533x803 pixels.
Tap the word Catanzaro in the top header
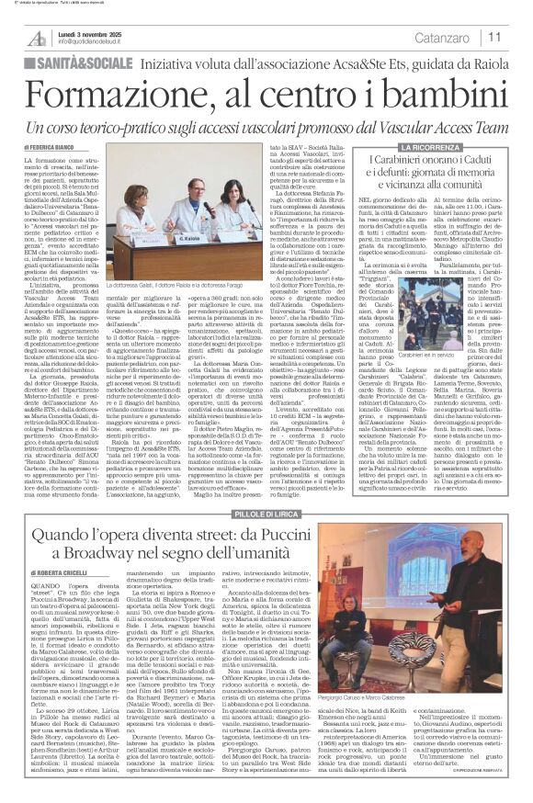tap(439, 38)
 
